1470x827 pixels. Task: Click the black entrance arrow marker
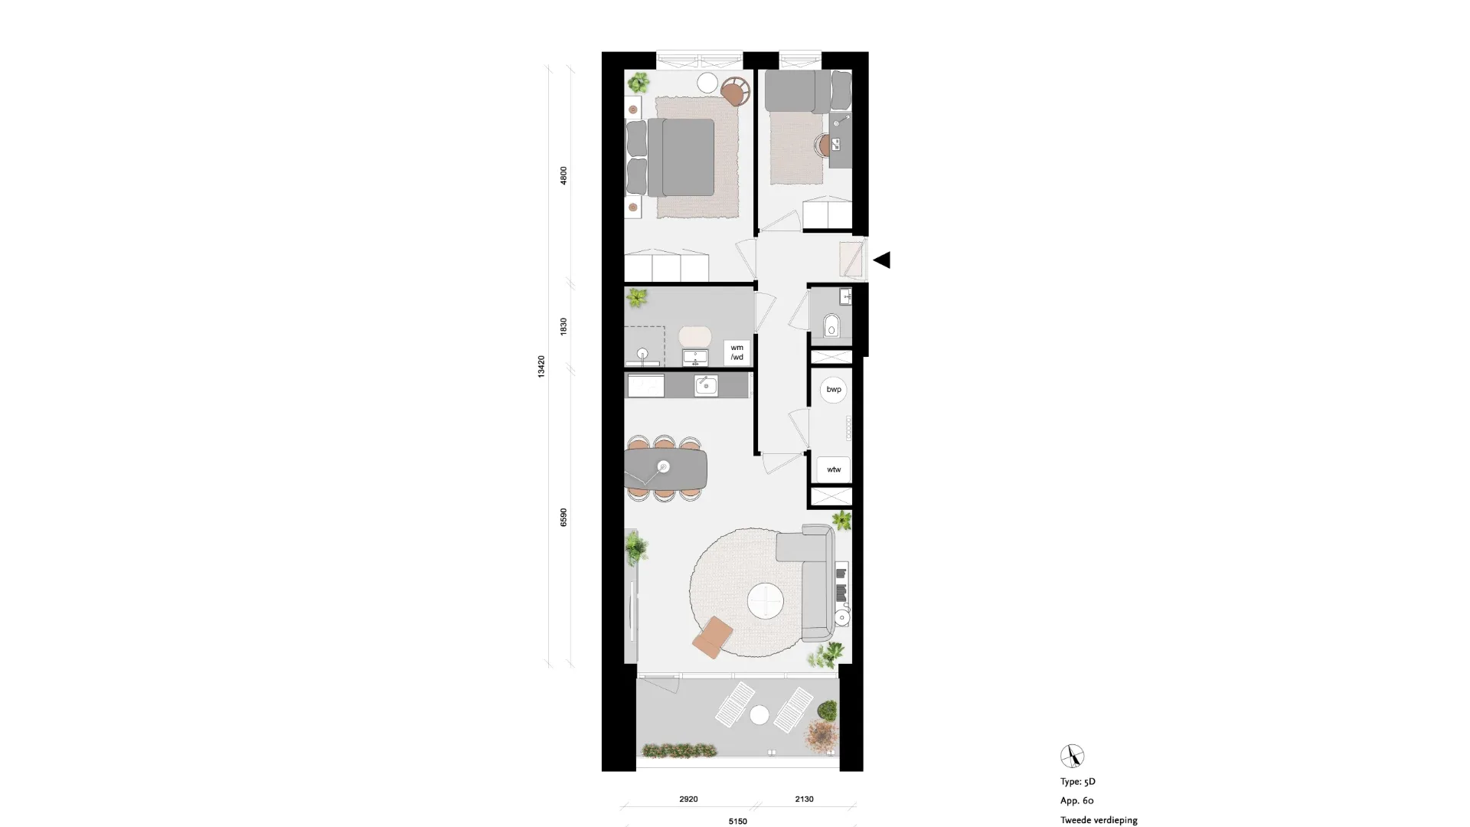point(883,260)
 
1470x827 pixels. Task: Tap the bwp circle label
point(834,390)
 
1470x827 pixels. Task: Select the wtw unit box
point(834,469)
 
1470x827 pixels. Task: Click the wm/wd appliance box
point(737,352)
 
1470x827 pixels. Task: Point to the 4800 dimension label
point(564,175)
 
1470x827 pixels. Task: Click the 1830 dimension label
point(564,326)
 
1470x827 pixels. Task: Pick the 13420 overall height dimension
point(541,366)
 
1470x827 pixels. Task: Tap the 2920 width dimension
point(688,799)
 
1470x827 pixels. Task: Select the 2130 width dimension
point(804,799)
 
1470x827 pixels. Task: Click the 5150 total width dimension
point(737,821)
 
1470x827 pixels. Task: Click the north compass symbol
point(1072,756)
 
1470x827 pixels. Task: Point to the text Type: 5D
point(1078,782)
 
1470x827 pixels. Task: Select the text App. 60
point(1077,801)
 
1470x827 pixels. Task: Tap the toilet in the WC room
point(831,326)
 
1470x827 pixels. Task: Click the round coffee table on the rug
point(765,600)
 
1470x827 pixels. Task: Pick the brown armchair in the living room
point(713,637)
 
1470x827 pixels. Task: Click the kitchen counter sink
point(706,385)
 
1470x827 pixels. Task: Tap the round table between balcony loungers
point(759,715)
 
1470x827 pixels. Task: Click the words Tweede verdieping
point(1099,820)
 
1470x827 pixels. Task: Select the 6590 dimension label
point(564,517)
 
